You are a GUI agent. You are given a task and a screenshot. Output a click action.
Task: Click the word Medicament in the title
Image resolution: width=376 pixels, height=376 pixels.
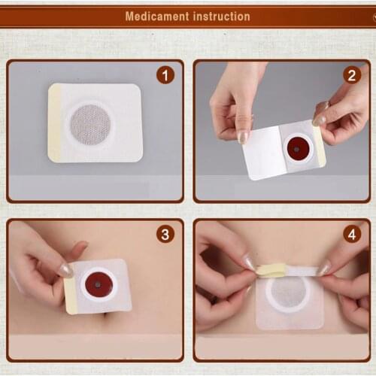click(x=156, y=16)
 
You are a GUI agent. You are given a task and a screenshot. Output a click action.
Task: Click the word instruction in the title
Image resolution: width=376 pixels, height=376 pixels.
click(x=220, y=16)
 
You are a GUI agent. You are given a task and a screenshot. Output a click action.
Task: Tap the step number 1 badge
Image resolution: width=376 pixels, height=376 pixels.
click(x=165, y=75)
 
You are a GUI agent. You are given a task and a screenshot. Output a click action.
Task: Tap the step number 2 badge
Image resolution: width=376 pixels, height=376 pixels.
click(x=352, y=75)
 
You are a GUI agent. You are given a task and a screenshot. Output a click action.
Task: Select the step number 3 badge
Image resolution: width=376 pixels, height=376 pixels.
click(x=165, y=234)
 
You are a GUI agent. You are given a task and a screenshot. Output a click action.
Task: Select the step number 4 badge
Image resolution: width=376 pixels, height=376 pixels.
click(x=352, y=234)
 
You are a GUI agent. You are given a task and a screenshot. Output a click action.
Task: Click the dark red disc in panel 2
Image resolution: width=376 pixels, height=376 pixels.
click(x=298, y=148)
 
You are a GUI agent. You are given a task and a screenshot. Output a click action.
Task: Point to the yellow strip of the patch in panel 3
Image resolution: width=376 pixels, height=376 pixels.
click(x=71, y=295)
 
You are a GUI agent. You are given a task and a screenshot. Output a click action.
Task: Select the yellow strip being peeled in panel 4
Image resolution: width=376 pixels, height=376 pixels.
click(x=271, y=268)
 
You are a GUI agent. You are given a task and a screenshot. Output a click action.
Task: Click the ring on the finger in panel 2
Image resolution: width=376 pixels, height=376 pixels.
click(x=326, y=106)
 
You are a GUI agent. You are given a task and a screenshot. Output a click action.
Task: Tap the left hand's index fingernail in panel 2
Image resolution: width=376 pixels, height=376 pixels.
click(x=243, y=137)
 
